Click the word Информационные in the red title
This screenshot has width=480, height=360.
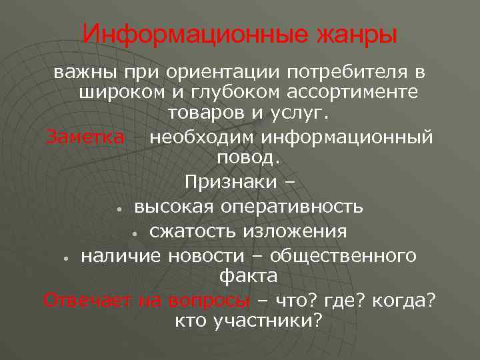pyautogui.click(x=194, y=34)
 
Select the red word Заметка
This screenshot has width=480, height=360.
pyautogui.click(x=85, y=137)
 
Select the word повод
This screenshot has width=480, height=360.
pyautogui.click(x=249, y=159)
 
